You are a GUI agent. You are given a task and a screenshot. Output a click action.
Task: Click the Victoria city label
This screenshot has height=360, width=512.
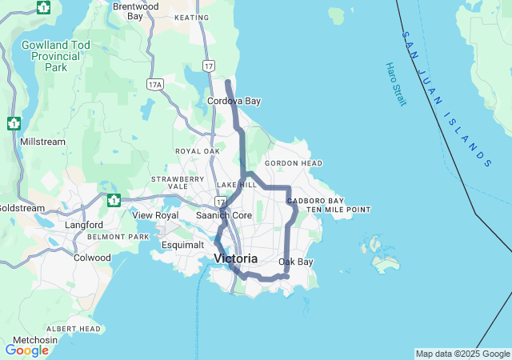tap(236, 258)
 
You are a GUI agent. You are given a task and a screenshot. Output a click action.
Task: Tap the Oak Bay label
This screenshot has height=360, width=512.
tap(296, 262)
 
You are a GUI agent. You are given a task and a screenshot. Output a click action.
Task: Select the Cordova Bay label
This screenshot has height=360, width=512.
tap(234, 102)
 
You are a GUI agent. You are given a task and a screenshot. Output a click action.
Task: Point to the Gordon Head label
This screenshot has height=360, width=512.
tap(294, 163)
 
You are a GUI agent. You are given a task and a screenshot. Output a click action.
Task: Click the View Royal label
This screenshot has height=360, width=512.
tap(155, 215)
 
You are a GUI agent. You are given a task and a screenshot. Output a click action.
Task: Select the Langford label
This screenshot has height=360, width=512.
tap(84, 225)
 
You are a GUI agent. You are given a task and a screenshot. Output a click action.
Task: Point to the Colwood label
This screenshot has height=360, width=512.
tap(92, 258)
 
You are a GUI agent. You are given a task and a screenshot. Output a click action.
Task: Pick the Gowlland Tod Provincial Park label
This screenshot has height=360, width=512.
tap(56, 56)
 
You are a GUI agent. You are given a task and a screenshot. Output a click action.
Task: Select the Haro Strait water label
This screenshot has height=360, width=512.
tap(395, 84)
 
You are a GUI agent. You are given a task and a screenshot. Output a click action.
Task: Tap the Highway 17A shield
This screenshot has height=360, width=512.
tap(155, 83)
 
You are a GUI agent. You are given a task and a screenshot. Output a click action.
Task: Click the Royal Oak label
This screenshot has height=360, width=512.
tap(198, 150)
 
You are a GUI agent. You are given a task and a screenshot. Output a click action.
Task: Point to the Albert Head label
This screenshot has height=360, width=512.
tap(74, 329)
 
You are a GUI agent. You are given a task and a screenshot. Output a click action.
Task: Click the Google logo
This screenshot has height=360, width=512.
tap(26, 350)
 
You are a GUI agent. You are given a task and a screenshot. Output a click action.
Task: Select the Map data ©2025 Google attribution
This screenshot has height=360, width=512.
tap(462, 354)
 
